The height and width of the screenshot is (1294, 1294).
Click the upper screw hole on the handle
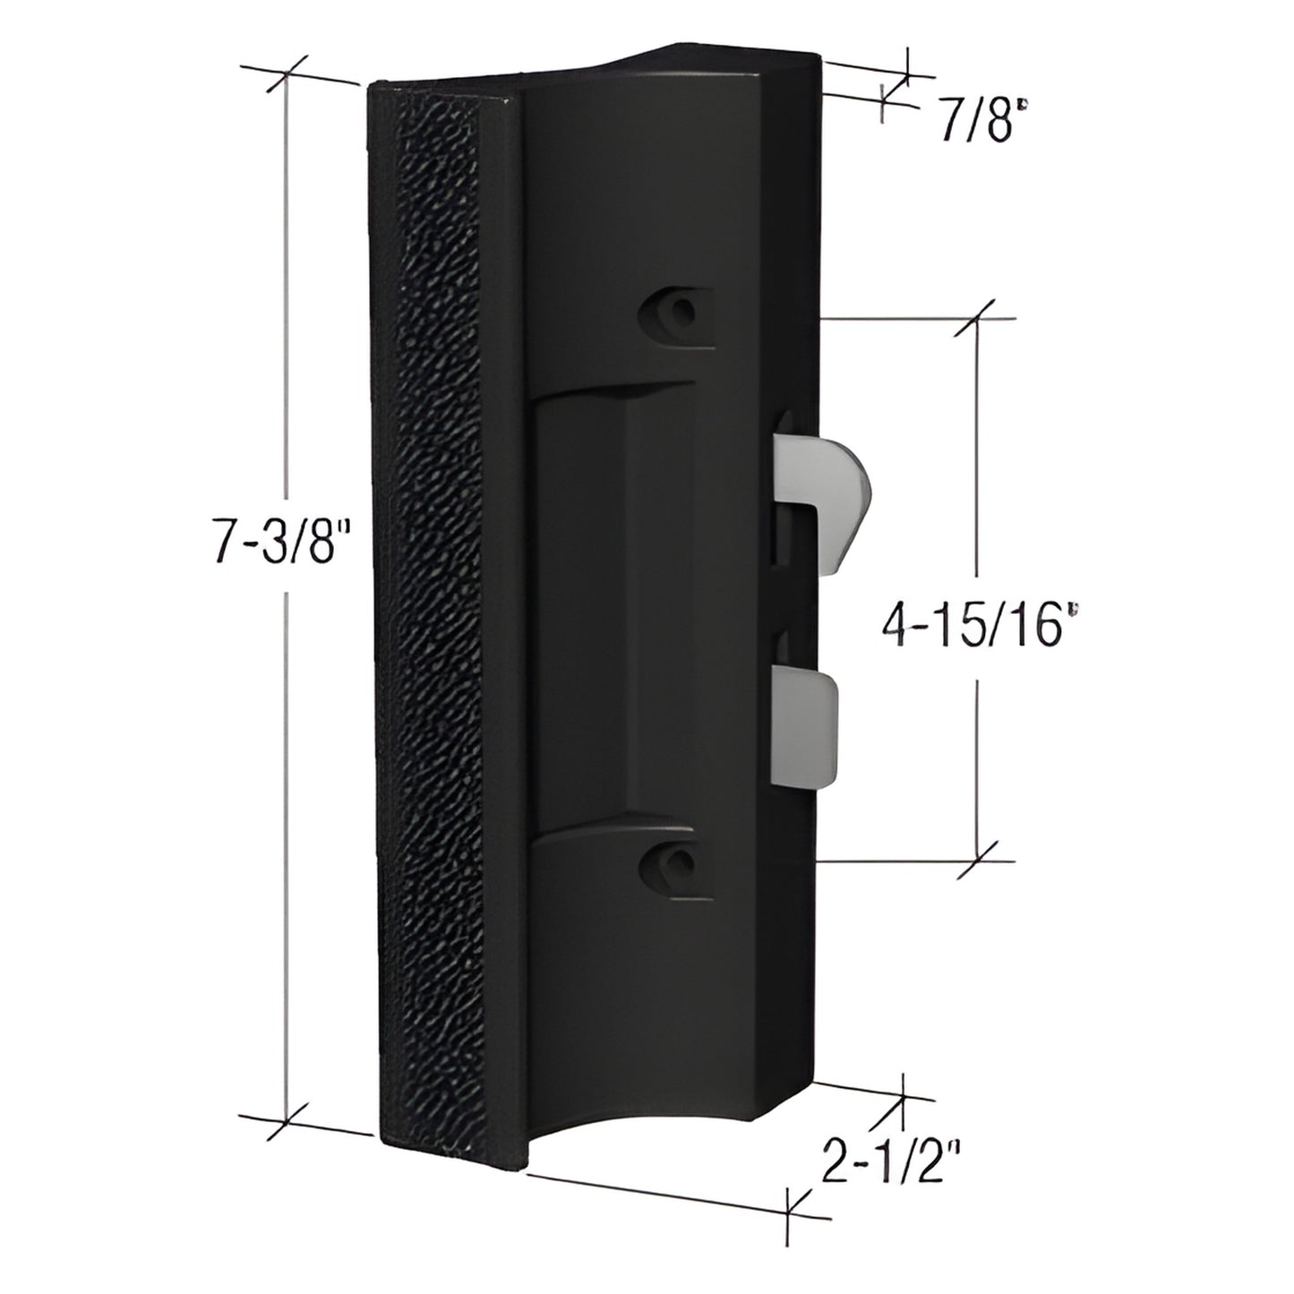(x=682, y=313)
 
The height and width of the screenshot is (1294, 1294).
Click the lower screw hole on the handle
(x=682, y=861)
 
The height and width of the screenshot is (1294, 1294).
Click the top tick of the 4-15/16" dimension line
(x=976, y=318)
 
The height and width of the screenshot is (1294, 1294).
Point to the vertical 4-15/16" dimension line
(x=976, y=466)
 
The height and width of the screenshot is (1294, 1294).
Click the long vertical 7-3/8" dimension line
(x=287, y=806)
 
